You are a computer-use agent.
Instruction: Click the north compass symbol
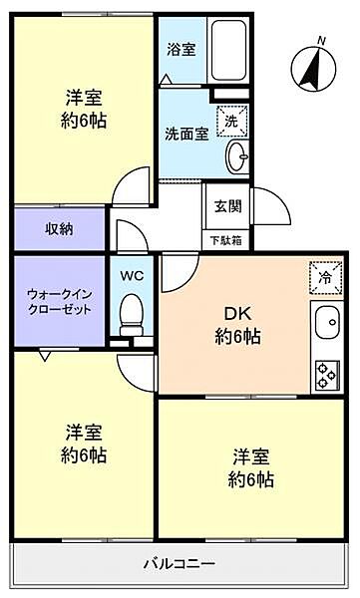pos(314,69)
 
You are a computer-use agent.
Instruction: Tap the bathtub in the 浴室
pos(228,50)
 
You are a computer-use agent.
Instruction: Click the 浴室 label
pos(181,50)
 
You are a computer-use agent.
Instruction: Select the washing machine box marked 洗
pos(232,122)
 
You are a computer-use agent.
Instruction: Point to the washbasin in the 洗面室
pos(237,156)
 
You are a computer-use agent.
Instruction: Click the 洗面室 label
pos(186,134)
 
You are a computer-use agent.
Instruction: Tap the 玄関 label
pos(228,206)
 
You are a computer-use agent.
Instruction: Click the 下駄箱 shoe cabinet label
pos(226,240)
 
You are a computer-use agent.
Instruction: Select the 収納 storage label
pos(59,229)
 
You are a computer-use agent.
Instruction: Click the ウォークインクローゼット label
pos(60,302)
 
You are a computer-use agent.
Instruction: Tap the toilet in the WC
pos(132,315)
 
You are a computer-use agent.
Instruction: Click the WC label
pos(132,276)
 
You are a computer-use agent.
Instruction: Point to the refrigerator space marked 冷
pos(326,278)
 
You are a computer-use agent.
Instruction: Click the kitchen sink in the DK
pos(327,323)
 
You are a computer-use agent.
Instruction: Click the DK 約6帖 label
pos(237,325)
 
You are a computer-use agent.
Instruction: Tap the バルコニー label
pos(180,563)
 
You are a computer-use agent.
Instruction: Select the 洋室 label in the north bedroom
pos(84,98)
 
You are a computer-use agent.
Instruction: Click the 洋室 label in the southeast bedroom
pos(251,456)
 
